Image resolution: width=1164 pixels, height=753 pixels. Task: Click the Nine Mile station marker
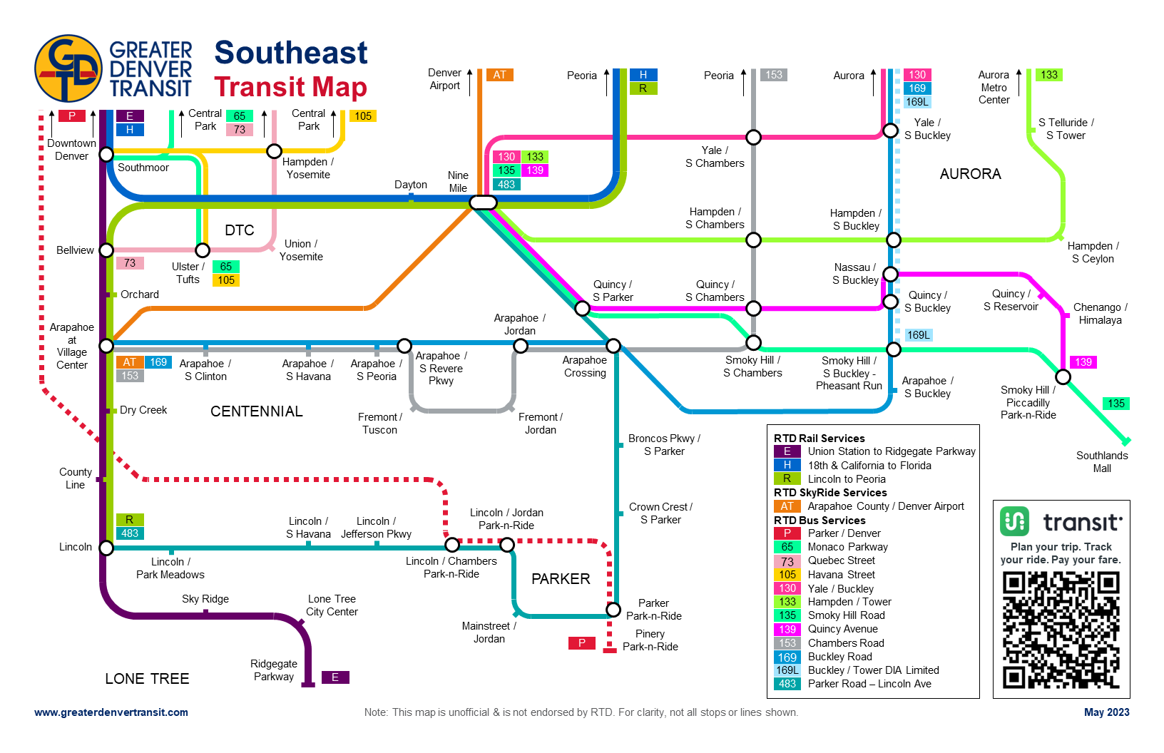pyautogui.click(x=483, y=203)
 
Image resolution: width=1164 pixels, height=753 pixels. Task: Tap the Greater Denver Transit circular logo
pyautogui.click(x=68, y=68)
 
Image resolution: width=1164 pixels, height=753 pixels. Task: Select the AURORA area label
pyautogui.click(x=970, y=174)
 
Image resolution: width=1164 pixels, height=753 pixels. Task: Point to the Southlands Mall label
pyautogui.click(x=1102, y=462)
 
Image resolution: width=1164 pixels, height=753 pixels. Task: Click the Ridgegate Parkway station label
pyautogui.click(x=274, y=670)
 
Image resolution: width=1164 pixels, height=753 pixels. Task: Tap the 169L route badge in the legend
pyautogui.click(x=787, y=670)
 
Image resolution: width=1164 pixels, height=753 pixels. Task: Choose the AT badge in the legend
pyautogui.click(x=787, y=506)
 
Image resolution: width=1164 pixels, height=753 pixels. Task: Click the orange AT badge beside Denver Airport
pyautogui.click(x=499, y=75)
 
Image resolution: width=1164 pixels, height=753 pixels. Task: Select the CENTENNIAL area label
pyautogui.click(x=257, y=411)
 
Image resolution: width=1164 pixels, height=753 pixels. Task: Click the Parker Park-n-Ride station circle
pyautogui.click(x=613, y=610)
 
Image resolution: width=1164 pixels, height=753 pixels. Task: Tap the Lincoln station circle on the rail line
pyautogui.click(x=106, y=548)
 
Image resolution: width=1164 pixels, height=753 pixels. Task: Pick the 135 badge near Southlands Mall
pyautogui.click(x=1116, y=404)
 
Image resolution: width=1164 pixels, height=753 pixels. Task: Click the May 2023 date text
pyautogui.click(x=1106, y=712)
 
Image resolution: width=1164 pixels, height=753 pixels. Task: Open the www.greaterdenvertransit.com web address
pyautogui.click(x=111, y=712)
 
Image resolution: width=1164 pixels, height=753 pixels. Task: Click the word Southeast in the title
pyautogui.click(x=291, y=53)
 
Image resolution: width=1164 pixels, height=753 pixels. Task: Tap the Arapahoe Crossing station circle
pyautogui.click(x=613, y=346)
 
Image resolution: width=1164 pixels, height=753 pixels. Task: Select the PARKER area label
pyautogui.click(x=561, y=579)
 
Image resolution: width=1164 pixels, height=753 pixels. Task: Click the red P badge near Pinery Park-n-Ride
pyautogui.click(x=582, y=643)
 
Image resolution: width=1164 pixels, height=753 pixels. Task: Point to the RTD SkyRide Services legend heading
pyautogui.click(x=830, y=493)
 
